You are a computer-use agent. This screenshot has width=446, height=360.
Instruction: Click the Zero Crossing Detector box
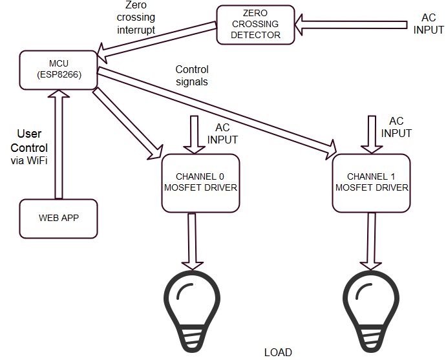(x=255, y=25)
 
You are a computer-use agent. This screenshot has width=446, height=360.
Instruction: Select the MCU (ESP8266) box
(x=58, y=70)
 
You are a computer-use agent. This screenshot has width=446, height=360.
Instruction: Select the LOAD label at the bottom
(x=278, y=352)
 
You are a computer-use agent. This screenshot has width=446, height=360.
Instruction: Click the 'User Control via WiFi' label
(x=29, y=147)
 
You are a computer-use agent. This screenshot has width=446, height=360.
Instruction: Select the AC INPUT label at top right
(x=429, y=24)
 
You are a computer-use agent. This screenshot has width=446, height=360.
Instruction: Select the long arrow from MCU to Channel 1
(x=220, y=111)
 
